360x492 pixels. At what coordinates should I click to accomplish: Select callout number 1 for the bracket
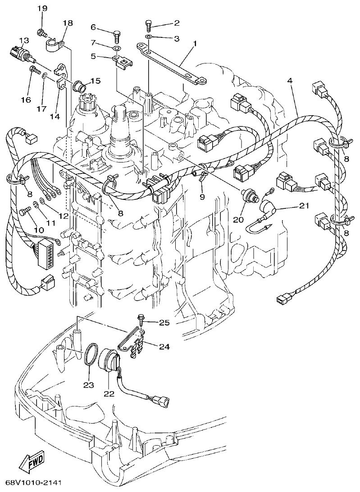point(195,44)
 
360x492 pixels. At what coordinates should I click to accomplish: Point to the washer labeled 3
point(150,37)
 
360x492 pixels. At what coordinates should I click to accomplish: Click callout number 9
point(202,197)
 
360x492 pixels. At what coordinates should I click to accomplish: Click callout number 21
point(303,207)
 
